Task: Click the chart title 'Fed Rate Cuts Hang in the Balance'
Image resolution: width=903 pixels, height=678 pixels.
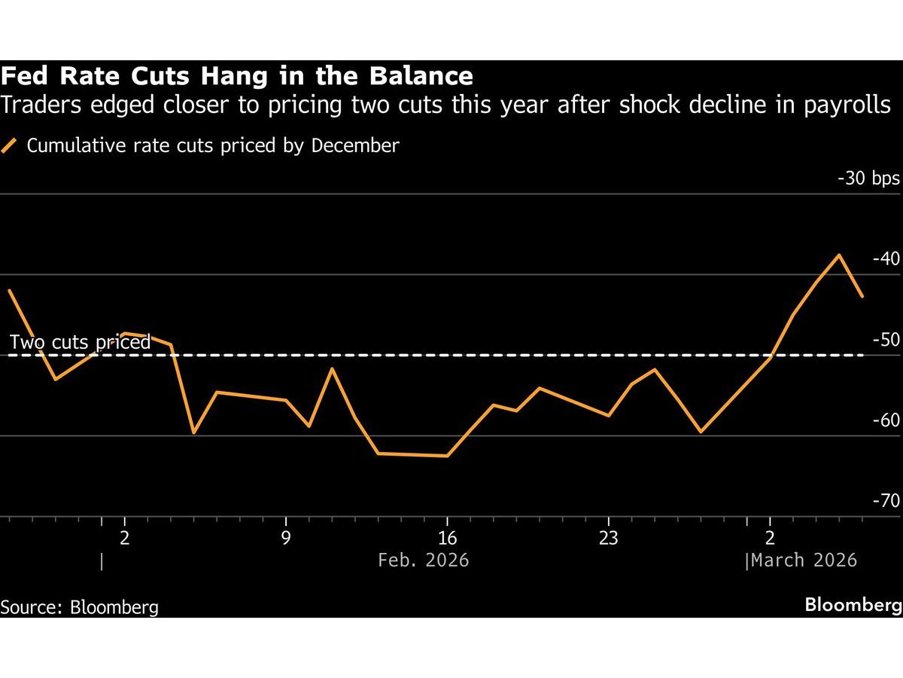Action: coord(237,77)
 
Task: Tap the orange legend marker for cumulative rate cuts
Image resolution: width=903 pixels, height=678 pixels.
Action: coord(10,146)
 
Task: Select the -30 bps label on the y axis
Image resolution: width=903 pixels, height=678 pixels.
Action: coord(868,179)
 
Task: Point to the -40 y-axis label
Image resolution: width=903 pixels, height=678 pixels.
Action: coord(886,259)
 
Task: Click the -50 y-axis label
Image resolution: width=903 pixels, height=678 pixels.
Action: coord(886,340)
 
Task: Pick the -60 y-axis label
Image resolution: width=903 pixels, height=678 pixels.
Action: coord(886,420)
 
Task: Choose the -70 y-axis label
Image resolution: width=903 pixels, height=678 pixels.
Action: coord(886,501)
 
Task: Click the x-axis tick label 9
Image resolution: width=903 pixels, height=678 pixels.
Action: coord(286,538)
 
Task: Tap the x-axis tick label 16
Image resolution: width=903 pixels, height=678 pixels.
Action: coord(447,538)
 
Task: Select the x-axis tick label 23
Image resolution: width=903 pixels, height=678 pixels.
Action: coord(608,538)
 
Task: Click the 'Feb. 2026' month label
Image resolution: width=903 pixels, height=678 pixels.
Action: coord(423,560)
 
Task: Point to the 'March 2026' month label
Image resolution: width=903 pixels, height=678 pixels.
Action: coord(804,560)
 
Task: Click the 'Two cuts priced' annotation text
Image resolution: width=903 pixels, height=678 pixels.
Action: coord(80,343)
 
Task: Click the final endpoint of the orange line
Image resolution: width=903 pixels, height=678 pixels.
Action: coord(862,297)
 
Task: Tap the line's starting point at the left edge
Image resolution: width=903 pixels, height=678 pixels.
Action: coord(9,290)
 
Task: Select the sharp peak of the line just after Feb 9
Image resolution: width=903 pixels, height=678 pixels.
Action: coord(332,368)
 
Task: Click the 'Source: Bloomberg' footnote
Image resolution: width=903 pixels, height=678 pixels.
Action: coord(80,606)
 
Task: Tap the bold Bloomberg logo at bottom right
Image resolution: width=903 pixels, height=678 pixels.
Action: coord(853,605)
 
